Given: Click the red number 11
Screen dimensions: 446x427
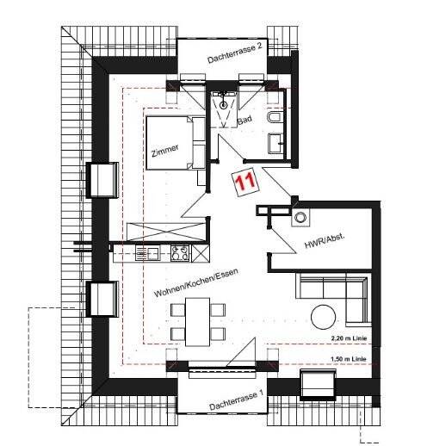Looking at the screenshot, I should [244, 181].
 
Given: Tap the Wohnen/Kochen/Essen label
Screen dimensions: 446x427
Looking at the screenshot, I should [195, 283].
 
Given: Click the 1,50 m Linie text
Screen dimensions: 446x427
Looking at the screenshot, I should [349, 359].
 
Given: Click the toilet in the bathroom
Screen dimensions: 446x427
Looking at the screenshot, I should [275, 119].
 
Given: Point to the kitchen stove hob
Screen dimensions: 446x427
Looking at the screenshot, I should [181, 253].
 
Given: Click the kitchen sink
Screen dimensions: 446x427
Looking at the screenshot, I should [145, 253].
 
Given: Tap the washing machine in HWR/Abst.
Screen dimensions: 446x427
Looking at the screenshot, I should [300, 217].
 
